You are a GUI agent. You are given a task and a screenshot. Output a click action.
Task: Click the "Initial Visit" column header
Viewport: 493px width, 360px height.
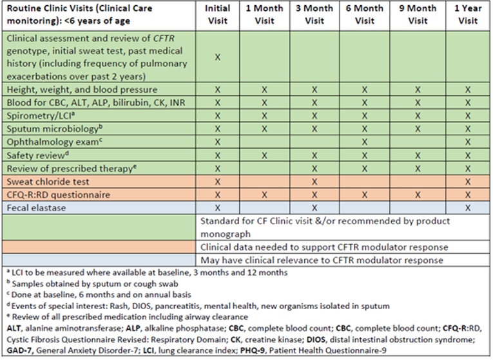[217, 14]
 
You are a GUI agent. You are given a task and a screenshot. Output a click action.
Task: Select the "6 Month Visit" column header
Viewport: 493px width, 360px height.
[365, 14]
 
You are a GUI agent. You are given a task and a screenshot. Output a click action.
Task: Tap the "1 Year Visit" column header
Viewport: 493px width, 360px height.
[467, 14]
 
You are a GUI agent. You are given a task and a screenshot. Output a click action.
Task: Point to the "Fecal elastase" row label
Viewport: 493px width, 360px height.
[37, 208]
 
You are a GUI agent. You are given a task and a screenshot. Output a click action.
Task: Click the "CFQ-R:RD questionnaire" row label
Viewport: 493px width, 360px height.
[58, 194]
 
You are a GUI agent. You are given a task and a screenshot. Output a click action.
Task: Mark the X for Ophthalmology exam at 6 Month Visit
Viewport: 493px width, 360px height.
[365, 142]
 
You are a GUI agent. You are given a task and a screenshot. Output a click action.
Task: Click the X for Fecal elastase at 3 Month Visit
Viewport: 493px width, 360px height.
[314, 208]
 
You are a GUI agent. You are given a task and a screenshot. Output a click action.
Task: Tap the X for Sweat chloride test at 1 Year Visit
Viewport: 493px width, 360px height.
[467, 182]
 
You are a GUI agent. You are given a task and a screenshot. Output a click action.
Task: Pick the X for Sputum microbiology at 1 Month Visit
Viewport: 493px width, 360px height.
[264, 129]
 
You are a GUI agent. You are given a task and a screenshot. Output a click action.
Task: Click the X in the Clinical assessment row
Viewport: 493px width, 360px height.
[217, 57]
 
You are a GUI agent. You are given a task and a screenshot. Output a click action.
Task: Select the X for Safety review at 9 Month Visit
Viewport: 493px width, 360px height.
[418, 155]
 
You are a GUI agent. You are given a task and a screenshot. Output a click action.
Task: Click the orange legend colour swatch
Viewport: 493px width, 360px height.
[100, 247]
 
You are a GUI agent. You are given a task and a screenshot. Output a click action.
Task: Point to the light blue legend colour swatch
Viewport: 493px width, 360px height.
[100, 260]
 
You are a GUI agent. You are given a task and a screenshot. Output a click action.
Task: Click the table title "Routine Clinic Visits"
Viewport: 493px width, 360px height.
[84, 14]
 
